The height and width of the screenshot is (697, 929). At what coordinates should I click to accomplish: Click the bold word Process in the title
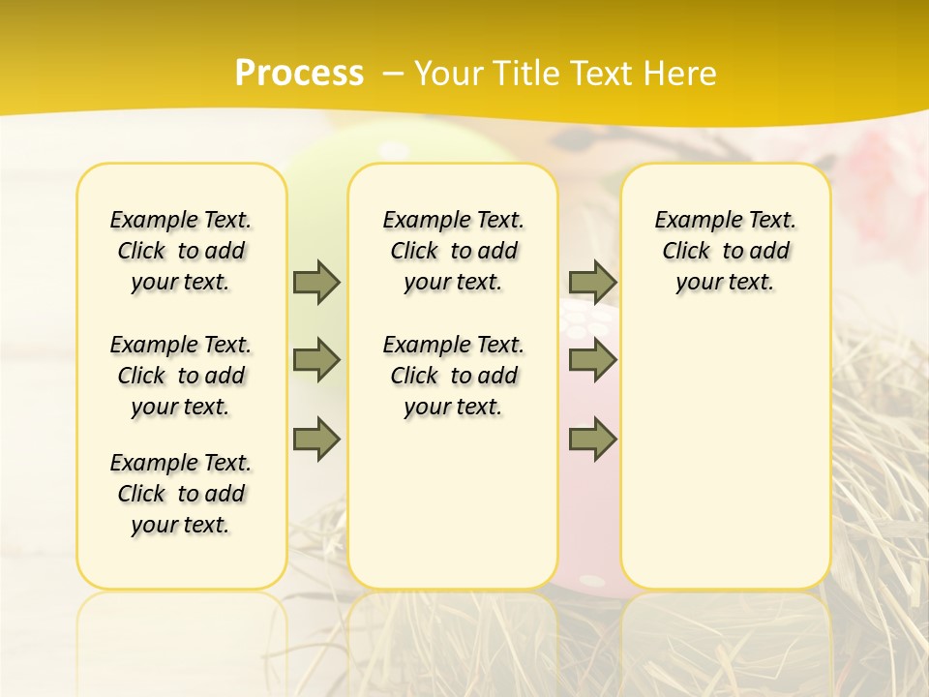[x=299, y=74]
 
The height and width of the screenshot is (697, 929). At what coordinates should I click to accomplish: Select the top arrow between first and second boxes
[x=316, y=282]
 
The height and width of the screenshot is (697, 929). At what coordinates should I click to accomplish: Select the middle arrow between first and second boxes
[x=316, y=360]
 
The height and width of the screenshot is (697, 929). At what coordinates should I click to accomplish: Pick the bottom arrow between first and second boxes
[x=316, y=439]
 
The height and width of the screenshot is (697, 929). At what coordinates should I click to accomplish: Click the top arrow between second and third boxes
[x=592, y=282]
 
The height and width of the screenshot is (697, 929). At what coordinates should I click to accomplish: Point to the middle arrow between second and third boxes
[x=592, y=360]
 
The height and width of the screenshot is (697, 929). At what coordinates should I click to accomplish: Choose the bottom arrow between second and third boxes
[x=592, y=439]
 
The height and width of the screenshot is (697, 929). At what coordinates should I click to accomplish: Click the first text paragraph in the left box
[x=181, y=251]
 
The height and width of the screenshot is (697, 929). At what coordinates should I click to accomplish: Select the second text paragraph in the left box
[x=181, y=376]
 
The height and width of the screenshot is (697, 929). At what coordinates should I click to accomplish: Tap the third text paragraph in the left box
[x=181, y=494]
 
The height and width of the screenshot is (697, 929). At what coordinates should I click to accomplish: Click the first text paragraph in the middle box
[x=453, y=251]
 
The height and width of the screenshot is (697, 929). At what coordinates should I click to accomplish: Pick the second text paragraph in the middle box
[x=453, y=376]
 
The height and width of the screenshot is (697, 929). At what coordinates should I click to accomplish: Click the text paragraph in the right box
[x=725, y=251]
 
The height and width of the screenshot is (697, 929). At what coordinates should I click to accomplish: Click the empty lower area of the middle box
[x=453, y=503]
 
